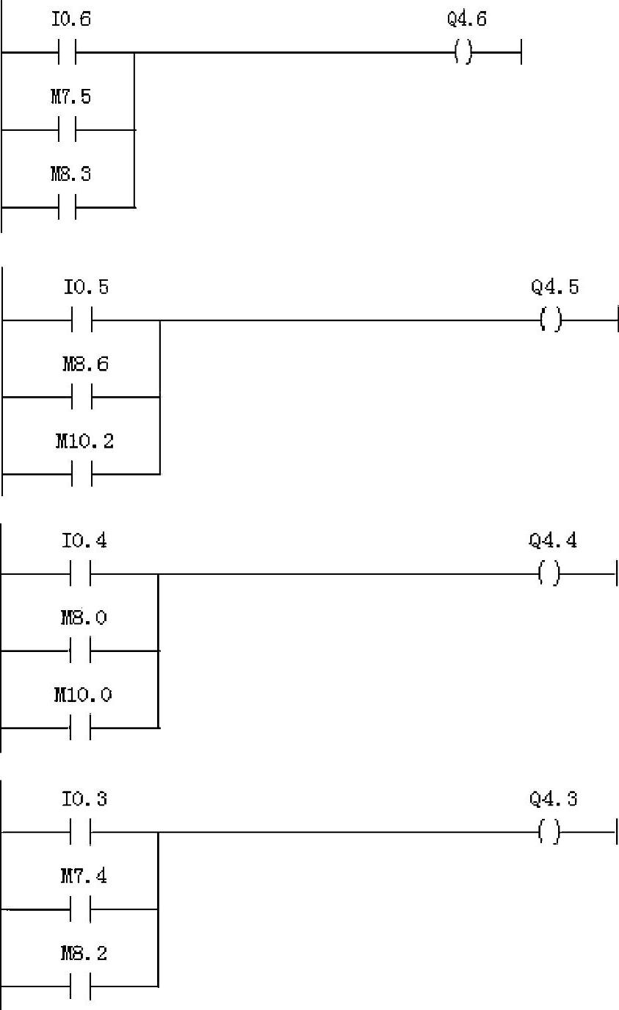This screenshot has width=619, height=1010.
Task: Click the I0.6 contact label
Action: click(x=71, y=20)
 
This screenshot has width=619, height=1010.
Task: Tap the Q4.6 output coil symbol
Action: click(x=463, y=53)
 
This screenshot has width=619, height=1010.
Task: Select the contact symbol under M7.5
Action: click(x=66, y=130)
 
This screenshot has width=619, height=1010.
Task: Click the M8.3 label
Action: click(x=70, y=175)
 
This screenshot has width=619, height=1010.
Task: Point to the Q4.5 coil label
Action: click(x=554, y=287)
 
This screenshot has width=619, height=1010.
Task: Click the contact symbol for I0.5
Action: click(x=82, y=320)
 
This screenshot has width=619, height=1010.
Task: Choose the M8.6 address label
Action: click(x=85, y=364)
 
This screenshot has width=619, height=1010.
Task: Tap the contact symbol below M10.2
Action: click(x=82, y=475)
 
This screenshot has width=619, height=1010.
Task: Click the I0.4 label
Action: click(x=84, y=542)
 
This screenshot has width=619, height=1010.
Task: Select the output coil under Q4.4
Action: click(x=549, y=573)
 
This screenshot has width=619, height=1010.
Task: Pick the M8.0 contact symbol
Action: click(x=81, y=651)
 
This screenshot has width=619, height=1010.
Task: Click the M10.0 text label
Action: click(x=83, y=695)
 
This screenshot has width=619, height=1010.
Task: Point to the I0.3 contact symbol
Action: click(x=81, y=833)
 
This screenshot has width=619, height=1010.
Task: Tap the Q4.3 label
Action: click(x=553, y=799)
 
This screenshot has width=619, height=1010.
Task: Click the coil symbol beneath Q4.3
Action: click(x=549, y=833)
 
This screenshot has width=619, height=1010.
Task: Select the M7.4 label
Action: click(x=84, y=876)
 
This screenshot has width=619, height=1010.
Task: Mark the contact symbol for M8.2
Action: click(x=81, y=986)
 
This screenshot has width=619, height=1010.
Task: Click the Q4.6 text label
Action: click(x=467, y=20)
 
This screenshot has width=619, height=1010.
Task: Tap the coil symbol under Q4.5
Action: click(x=551, y=320)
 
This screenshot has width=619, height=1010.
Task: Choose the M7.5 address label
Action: click(x=70, y=97)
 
